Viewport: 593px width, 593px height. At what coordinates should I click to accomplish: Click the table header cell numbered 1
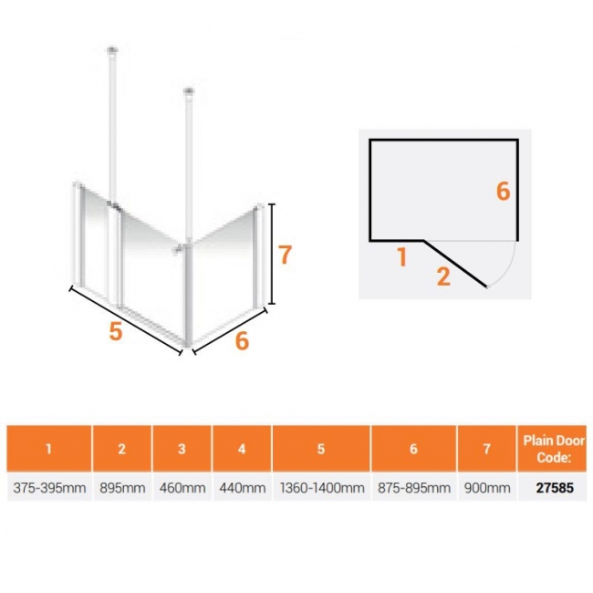[49, 449]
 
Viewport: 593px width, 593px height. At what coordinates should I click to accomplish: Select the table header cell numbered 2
[122, 449]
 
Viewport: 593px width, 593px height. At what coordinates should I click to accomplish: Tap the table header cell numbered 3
[182, 449]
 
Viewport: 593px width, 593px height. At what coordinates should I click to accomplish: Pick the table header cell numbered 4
[242, 449]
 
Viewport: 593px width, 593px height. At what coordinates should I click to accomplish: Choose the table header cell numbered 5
[321, 449]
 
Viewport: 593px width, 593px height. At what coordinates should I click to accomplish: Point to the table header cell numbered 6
[414, 449]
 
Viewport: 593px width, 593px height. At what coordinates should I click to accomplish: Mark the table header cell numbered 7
[487, 449]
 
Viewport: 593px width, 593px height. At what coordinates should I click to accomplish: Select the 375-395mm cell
[49, 487]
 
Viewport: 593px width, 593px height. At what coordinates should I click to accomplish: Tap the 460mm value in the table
[182, 487]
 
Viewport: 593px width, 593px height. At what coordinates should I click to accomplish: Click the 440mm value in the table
[242, 487]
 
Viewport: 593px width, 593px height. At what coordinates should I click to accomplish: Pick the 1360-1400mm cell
[321, 487]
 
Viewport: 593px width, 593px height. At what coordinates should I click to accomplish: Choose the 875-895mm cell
[414, 487]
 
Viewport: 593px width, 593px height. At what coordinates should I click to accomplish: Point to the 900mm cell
[487, 487]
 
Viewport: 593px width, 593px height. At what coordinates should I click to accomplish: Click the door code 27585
[555, 487]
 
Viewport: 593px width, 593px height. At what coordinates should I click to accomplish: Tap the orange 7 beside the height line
[286, 255]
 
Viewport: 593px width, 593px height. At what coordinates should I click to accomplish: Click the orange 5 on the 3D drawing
[116, 332]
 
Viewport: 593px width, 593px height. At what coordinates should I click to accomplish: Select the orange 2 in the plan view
[443, 276]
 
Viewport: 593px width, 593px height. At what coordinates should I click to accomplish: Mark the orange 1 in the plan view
[402, 257]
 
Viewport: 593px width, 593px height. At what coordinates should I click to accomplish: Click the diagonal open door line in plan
[455, 264]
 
